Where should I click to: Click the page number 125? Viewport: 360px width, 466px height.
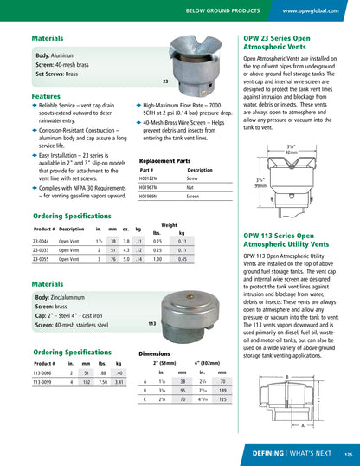(348, 453)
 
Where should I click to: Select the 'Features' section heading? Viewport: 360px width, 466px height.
(46, 96)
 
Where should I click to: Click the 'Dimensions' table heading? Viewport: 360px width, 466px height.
(154, 354)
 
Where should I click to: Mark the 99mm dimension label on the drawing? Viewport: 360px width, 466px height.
(260, 185)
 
